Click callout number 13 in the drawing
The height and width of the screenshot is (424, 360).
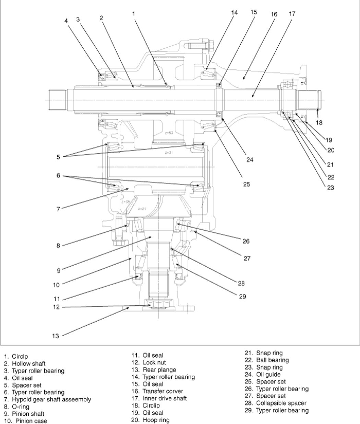pyautogui.click(x=56, y=336)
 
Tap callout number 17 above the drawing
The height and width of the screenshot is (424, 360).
pyautogui.click(x=292, y=14)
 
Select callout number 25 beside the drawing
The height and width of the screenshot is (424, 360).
pyautogui.click(x=247, y=184)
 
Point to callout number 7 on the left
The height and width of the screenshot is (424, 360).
pyautogui.click(x=58, y=209)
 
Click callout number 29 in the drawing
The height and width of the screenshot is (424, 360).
pyautogui.click(x=242, y=296)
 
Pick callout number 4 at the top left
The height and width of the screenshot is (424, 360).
pyautogui.click(x=66, y=21)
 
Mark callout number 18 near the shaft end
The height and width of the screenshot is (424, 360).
pyautogui.click(x=319, y=123)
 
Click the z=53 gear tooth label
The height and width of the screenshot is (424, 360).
pyautogui.click(x=169, y=133)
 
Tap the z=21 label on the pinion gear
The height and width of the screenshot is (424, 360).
pyautogui.click(x=142, y=209)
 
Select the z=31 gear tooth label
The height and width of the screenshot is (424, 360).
pyautogui.click(x=169, y=153)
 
